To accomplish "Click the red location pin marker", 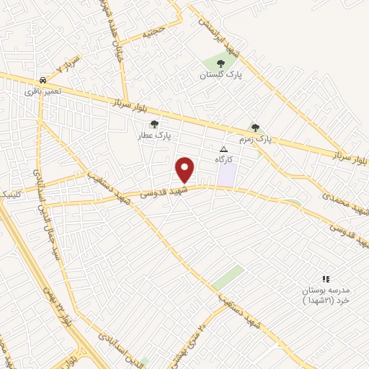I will point(185,170).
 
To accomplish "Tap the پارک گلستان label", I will point(221,75).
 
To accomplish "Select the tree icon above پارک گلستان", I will point(221,64).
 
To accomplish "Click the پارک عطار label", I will point(154,135).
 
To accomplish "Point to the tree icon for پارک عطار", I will point(154,124).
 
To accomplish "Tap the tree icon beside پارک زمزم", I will point(255,128).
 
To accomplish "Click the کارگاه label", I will point(223,159).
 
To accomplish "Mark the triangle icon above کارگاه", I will point(223,148).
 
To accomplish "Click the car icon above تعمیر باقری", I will point(43,80).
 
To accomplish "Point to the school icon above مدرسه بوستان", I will point(325,279).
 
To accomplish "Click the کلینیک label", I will point(13,195).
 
